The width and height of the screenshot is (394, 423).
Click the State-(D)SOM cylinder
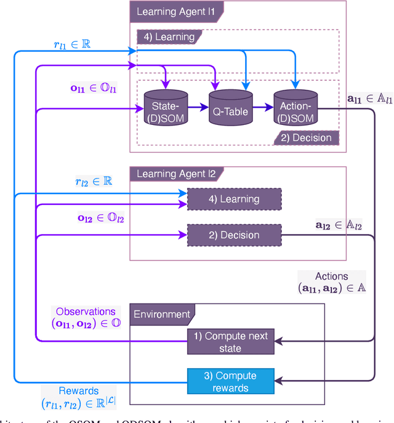click(165, 108)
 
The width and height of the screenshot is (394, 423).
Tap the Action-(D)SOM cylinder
click(294, 108)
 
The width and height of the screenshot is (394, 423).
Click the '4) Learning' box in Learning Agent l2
click(234, 199)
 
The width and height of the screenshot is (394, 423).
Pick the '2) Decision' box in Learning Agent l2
click(234, 235)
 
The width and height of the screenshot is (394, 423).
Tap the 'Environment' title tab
click(161, 314)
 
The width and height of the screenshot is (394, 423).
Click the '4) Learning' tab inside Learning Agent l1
click(169, 37)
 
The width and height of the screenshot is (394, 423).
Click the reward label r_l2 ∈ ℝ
click(89, 181)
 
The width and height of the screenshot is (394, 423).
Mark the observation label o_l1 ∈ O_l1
click(94, 88)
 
